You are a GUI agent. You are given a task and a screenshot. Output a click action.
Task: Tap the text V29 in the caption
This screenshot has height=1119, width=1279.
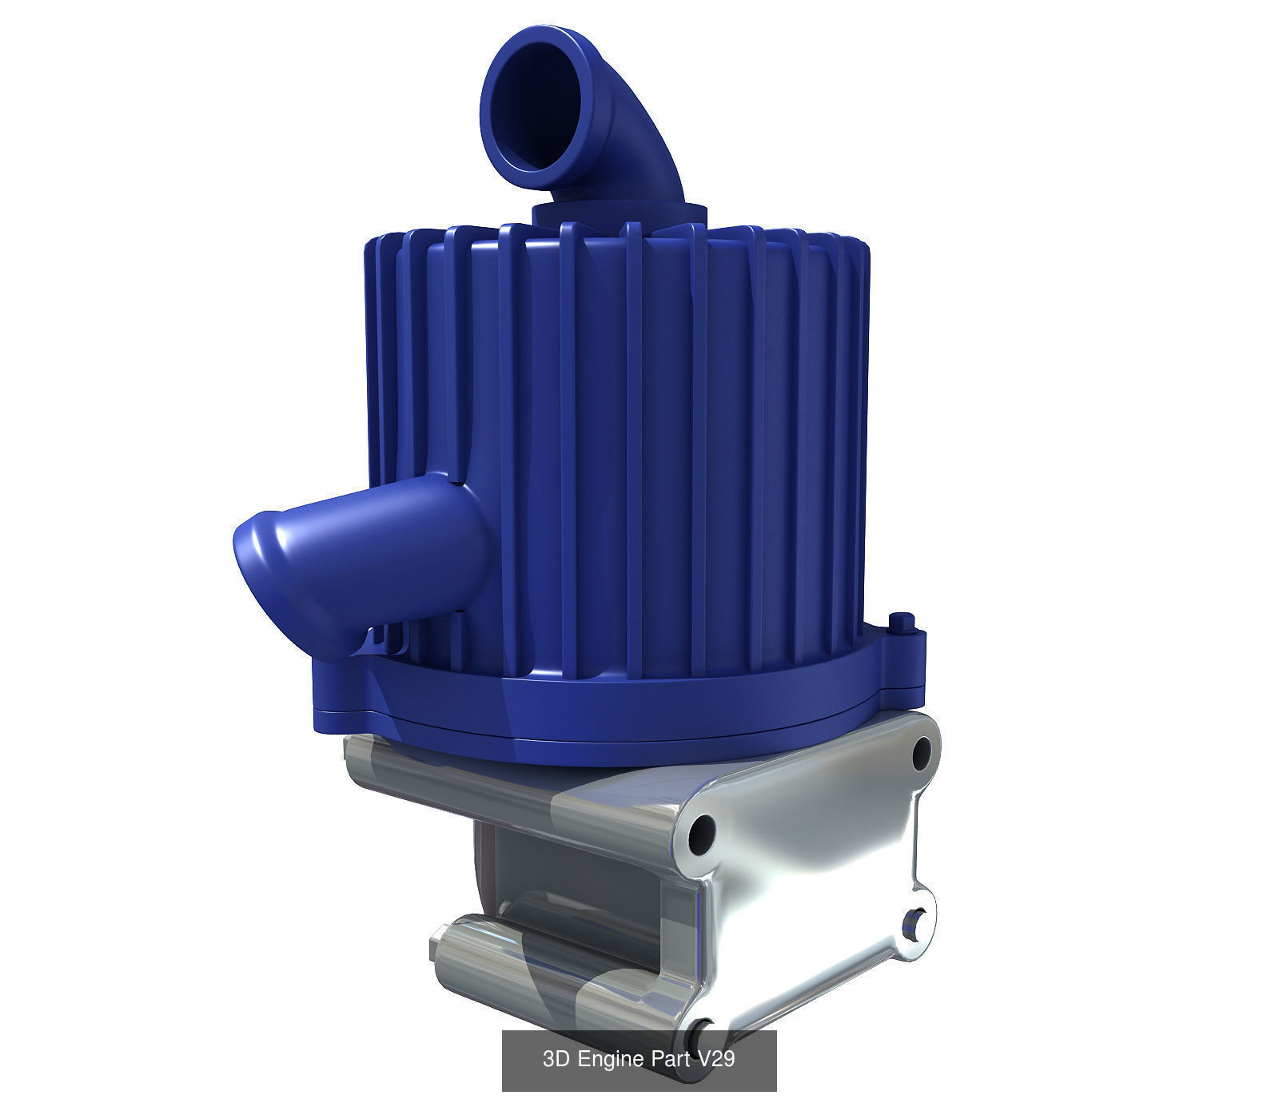[716, 1060]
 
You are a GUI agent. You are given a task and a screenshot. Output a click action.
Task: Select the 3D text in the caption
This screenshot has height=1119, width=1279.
[556, 1060]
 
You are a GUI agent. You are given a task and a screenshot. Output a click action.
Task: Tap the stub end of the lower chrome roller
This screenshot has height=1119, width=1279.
[437, 950]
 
